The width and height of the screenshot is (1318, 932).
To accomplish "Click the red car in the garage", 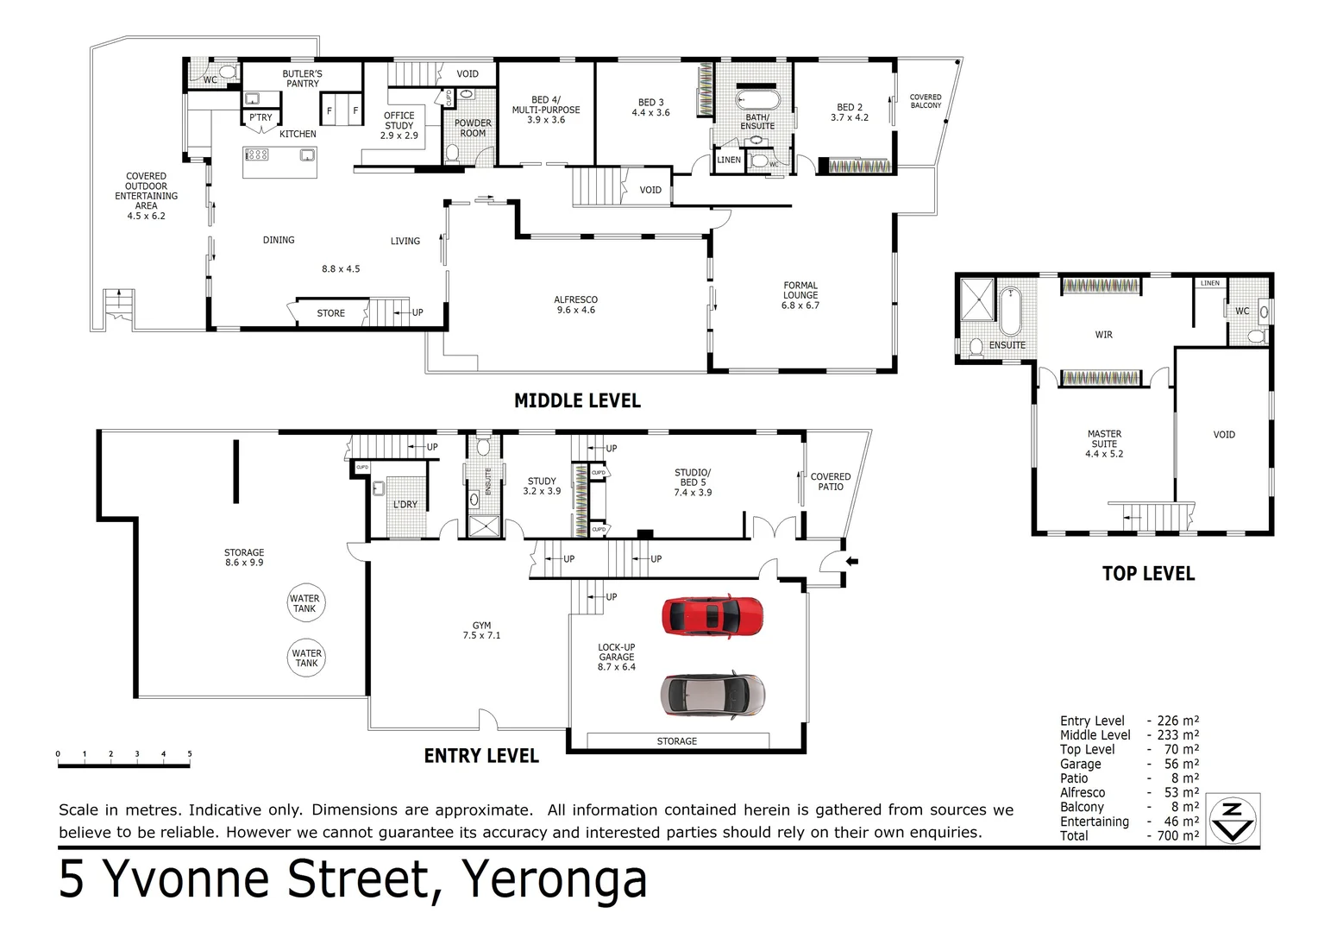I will [712, 616].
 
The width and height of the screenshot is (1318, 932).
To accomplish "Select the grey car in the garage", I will [712, 695].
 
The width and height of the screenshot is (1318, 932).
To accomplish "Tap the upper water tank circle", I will [304, 603].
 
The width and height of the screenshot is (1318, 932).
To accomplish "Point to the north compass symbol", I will [1233, 818].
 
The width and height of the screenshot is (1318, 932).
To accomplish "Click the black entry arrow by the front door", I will [852, 562].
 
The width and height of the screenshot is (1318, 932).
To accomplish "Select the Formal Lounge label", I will [800, 295].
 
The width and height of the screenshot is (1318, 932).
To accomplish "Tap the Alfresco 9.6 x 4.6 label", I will [575, 305].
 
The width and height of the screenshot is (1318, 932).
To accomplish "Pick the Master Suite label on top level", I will [1104, 444].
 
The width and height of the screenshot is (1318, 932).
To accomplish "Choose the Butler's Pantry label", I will [302, 79].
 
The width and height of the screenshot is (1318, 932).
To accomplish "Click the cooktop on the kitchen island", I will [257, 155].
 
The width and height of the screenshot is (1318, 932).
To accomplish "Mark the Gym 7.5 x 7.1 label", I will [481, 631].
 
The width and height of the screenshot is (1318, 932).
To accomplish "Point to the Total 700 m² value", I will [1178, 835].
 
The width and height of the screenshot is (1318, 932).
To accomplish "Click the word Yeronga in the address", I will [555, 879].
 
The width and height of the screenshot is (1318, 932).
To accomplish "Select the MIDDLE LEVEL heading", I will [577, 400].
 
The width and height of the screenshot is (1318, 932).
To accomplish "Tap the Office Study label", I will [399, 125].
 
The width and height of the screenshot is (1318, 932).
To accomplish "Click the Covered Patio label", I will [830, 482].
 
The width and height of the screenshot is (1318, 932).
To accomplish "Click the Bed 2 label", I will [850, 112].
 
